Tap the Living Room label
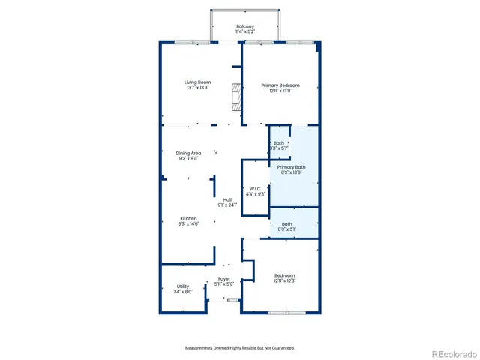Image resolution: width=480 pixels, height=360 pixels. tap(198, 82)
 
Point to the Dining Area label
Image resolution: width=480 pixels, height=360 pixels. tap(188, 153)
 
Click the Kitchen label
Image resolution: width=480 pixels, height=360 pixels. tap(187, 218)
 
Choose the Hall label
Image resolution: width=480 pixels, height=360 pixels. tap(226, 199)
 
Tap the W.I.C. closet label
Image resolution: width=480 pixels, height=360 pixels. tap(255, 189)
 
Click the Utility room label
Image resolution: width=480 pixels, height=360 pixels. tap(182, 286)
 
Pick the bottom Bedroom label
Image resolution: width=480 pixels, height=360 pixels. tap(284, 274)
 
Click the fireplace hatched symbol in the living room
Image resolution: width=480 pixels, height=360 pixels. tap(238, 97)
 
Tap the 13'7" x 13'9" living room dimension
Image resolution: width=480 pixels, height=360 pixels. tap(198, 88)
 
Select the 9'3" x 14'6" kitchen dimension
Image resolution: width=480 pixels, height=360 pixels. tap(187, 223)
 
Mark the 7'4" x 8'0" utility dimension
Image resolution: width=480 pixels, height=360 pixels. tap(182, 291)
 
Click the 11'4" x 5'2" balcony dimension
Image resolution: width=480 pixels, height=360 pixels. tap(245, 32)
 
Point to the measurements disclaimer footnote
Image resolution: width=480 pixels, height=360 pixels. tap(240, 347)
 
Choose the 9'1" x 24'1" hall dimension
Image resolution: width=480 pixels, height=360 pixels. tap(226, 205)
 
